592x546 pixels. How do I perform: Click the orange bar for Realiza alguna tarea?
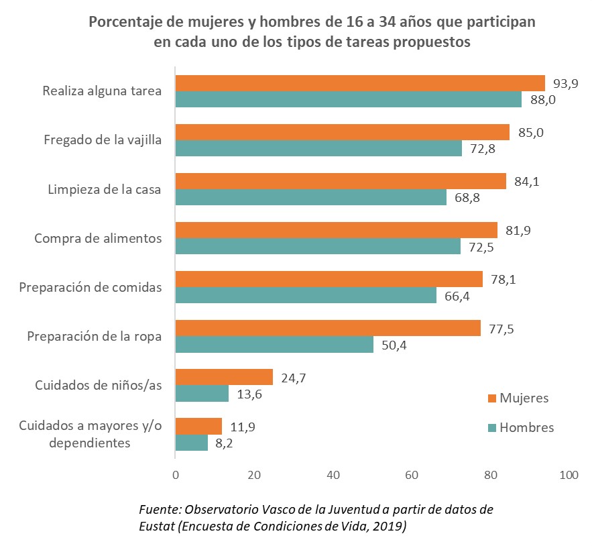tap(360, 83)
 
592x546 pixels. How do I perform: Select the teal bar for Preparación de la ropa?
tap(274, 344)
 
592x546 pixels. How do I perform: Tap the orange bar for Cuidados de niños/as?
tap(224, 377)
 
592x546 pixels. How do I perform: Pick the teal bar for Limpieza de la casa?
tap(310, 197)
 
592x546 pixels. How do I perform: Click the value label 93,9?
tap(565, 83)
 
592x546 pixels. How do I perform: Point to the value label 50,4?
tap(394, 345)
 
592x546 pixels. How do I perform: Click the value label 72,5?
tap(481, 247)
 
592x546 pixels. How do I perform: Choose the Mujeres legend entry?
tap(524, 398)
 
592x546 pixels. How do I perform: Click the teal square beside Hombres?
tap(492, 427)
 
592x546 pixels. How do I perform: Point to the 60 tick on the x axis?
tap(411, 475)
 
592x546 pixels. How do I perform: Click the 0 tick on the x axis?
tap(176, 475)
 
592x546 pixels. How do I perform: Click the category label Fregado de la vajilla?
tap(103, 140)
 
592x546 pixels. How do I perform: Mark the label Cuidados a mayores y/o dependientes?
tap(90, 434)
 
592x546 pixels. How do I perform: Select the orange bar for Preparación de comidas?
tap(329, 279)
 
